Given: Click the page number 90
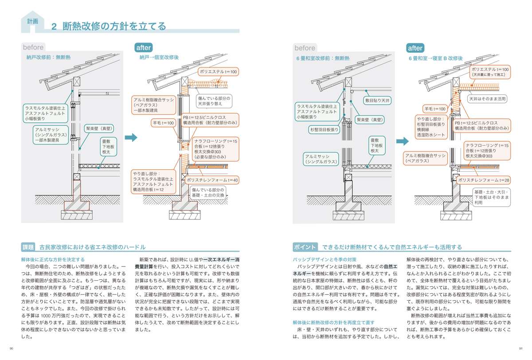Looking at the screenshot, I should click(12, 348).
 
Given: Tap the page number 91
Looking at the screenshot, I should click(520, 348).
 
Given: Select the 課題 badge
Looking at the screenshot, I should click(28, 247).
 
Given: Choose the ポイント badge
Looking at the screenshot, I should click(305, 247).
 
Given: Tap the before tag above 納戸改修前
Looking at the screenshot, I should click(33, 47).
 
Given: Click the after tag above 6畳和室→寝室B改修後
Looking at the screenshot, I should click(415, 48).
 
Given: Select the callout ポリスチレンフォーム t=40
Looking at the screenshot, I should click(212, 180).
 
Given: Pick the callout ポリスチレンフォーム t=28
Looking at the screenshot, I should click(484, 180).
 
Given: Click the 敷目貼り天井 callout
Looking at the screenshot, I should click(378, 101).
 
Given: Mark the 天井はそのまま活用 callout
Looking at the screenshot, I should click(488, 98).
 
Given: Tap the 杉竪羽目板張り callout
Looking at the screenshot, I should click(324, 130).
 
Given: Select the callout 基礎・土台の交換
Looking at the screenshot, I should click(208, 192).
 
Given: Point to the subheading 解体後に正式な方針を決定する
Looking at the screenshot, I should click(53, 259).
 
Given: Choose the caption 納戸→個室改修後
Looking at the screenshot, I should click(159, 58).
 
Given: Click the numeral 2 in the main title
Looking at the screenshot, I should click(54, 27).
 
